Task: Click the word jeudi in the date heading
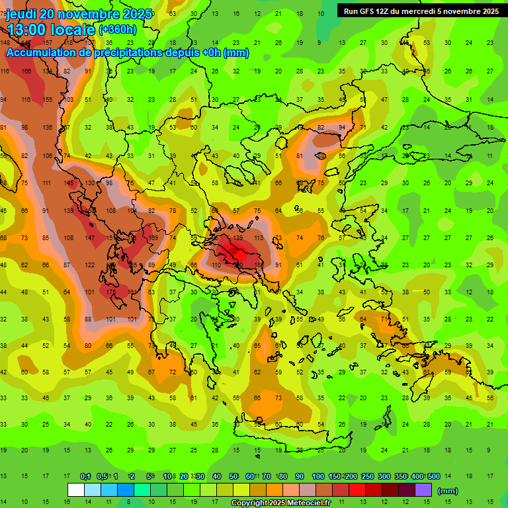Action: (x=23, y=14)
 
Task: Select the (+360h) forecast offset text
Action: (x=118, y=30)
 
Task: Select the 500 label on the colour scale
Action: (x=434, y=476)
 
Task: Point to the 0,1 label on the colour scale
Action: (x=85, y=476)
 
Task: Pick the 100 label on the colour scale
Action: (x=318, y=476)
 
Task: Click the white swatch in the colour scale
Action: (x=76, y=489)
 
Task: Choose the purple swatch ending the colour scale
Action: (x=424, y=489)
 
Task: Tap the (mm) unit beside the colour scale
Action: (x=448, y=491)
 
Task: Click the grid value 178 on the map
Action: (x=111, y=292)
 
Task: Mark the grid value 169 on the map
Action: (x=153, y=237)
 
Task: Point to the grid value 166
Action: (x=26, y=71)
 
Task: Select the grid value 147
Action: (x=90, y=237)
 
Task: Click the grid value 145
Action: (x=69, y=183)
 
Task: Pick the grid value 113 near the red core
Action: (x=259, y=237)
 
